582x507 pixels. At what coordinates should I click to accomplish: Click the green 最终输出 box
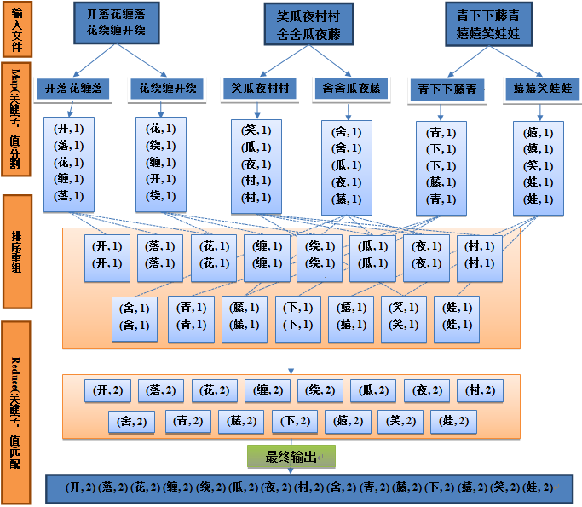[291, 457]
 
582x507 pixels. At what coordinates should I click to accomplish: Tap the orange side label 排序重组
[17, 251]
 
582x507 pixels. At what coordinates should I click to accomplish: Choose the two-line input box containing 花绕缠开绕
[116, 23]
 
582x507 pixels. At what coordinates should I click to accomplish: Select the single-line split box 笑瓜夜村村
[261, 88]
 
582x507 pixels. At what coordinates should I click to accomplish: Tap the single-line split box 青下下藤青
[447, 89]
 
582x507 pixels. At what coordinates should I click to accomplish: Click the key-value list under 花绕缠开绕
[162, 162]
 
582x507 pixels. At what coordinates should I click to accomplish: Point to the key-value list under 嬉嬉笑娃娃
[539, 167]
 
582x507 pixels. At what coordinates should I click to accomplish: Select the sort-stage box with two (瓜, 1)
[373, 255]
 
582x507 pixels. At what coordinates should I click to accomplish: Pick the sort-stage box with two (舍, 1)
[135, 316]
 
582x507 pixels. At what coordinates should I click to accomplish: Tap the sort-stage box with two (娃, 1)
[455, 316]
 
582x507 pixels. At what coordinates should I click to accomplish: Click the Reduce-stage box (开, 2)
[107, 390]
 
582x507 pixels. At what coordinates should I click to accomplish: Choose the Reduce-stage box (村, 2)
[479, 390]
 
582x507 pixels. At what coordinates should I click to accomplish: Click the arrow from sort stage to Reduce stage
[291, 361]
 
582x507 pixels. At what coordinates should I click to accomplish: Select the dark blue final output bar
[308, 488]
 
